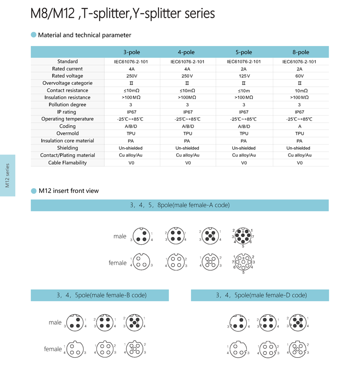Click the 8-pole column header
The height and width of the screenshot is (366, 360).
click(x=300, y=52)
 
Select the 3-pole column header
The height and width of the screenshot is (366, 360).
click(x=132, y=52)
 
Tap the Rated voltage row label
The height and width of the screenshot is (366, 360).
click(x=67, y=76)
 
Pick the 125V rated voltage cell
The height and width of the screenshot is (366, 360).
click(x=244, y=76)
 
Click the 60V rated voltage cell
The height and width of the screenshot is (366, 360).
click(x=300, y=76)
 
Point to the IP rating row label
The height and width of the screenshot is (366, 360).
click(x=67, y=112)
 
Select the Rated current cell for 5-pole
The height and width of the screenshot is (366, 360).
click(x=244, y=69)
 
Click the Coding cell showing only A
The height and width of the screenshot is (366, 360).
click(x=300, y=126)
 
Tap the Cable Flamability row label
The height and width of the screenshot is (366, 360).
click(x=67, y=163)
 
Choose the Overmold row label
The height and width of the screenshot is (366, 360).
click(x=67, y=133)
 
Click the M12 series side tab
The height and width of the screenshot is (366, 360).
click(x=8, y=175)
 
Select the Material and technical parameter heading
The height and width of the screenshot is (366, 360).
click(x=84, y=35)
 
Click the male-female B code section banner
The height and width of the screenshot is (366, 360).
click(x=100, y=295)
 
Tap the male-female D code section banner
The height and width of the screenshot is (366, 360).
click(x=260, y=295)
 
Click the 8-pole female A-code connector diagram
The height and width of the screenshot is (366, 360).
click(x=243, y=262)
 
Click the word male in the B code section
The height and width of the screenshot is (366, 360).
click(x=55, y=322)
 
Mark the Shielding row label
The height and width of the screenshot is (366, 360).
click(x=67, y=148)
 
